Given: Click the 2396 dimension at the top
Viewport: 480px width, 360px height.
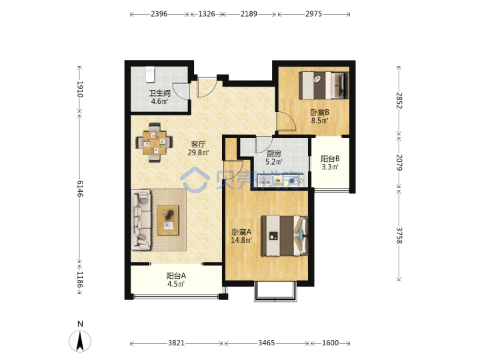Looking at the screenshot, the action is coord(159,14).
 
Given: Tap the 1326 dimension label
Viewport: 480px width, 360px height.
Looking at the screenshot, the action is coord(207,14).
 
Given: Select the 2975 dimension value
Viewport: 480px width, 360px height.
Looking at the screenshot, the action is coord(313,14).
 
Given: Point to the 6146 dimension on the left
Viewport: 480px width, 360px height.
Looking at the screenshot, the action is coord(79,189).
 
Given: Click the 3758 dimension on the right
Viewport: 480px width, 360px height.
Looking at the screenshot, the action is coord(399,235).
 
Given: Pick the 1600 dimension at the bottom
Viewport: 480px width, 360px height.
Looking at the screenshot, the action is coord(330,343).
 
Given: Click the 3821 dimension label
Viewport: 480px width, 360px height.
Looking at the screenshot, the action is coord(176,343).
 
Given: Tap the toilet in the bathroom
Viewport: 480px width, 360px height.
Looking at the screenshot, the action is coord(150,75).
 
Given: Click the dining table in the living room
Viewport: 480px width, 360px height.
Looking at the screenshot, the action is coord(155,143).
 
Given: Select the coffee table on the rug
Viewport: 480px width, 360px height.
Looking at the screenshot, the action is coord(168,221).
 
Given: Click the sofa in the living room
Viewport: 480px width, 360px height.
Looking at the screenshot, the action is coord(141,219).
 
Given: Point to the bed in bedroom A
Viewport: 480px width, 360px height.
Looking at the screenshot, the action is coord(285,235).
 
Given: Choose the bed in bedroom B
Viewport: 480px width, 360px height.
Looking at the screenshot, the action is coord(324,85).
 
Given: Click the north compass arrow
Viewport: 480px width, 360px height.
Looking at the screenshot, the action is coord(80,341).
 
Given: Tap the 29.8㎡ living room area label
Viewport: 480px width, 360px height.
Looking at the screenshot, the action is coord(199,153).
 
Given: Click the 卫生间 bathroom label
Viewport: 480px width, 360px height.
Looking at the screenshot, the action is coord(159,93).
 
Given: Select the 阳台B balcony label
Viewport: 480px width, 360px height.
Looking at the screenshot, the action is coord(330,159).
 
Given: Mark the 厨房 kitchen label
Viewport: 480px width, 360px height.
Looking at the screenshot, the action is coord(274,153).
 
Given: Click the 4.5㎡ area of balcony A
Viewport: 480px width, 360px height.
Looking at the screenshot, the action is coord(176,284).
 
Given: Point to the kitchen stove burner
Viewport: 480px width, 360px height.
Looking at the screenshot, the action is coord(292,181).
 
